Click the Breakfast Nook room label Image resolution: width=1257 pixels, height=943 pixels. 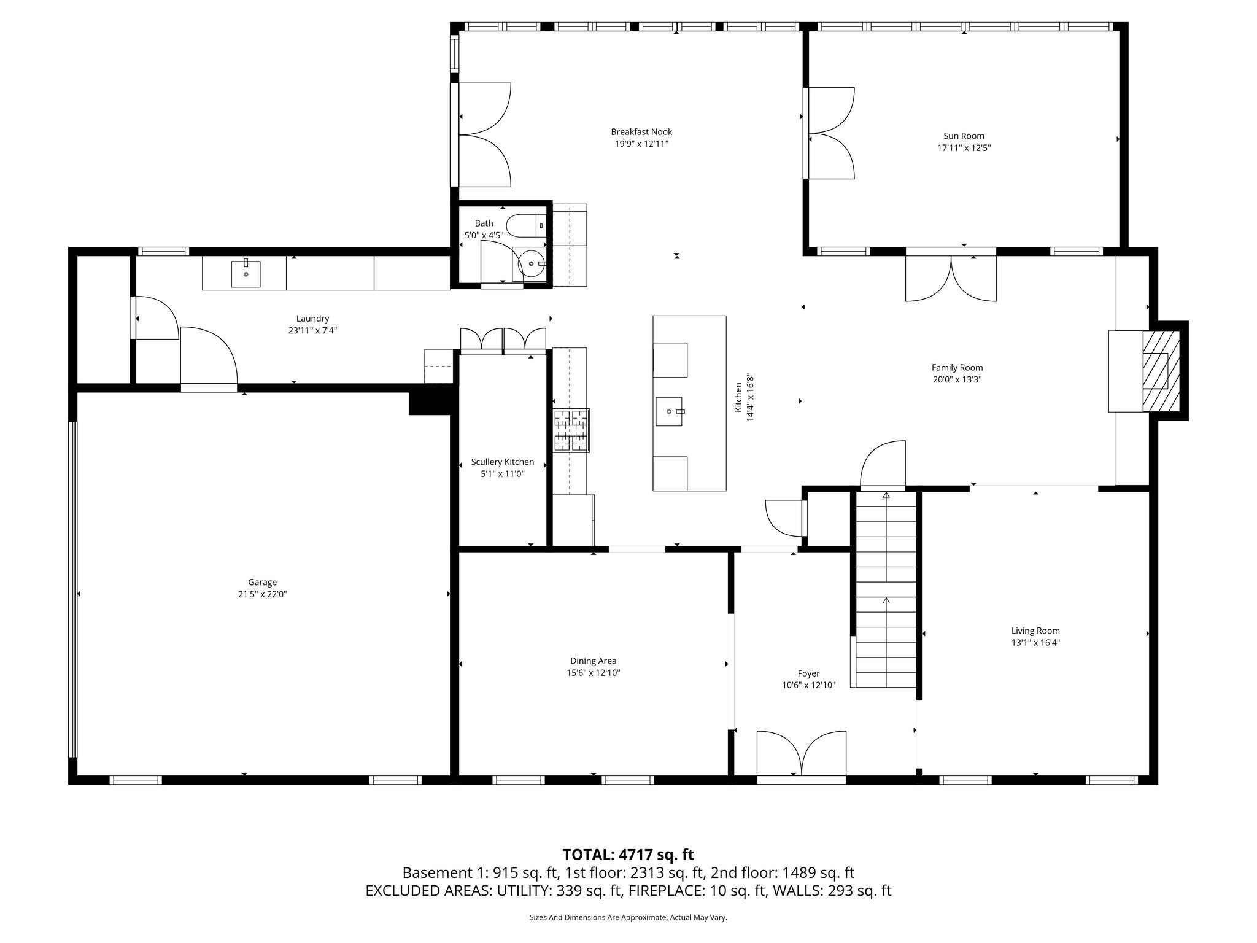641,132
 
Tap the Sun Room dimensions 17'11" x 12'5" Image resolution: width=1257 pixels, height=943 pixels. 964,148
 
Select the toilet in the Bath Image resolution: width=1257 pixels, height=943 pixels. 525,226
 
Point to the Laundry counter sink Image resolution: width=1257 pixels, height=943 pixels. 246,274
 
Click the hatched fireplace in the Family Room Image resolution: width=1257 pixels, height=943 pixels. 1160,371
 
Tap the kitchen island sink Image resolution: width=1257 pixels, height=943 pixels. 669,411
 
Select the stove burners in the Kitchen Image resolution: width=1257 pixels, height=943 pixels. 571,430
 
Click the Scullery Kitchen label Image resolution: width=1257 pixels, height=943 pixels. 502,462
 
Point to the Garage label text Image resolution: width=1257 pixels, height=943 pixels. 262,582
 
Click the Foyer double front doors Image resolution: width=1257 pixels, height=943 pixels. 801,755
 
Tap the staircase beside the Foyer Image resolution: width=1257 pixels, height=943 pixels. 886,589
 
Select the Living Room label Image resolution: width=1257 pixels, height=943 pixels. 1035,631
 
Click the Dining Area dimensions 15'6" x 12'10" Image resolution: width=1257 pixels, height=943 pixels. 593,673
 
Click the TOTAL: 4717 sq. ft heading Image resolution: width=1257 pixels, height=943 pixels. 628,855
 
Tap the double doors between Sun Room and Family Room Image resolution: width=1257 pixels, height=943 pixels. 951,277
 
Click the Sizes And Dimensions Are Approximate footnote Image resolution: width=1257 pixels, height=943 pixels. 628,917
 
